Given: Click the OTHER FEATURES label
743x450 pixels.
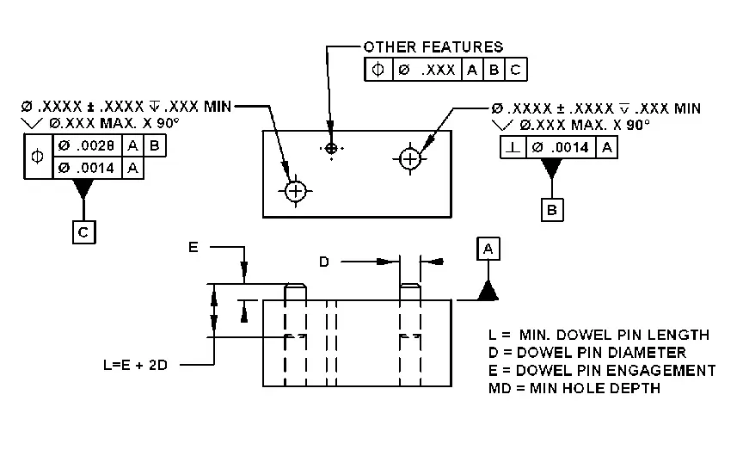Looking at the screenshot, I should click(433, 46).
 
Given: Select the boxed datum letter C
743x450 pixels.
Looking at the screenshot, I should click(83, 231).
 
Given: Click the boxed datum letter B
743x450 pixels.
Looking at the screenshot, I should click(552, 208).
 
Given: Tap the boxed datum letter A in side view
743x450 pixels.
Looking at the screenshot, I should click(488, 249).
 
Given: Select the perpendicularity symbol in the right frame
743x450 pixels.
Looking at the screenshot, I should click(513, 148).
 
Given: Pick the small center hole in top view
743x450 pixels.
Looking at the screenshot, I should click(331, 149).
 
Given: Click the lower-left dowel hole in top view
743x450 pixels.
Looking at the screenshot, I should click(296, 190).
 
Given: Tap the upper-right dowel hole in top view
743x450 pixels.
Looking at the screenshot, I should click(410, 158).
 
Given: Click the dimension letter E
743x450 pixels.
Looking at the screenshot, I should click(193, 248).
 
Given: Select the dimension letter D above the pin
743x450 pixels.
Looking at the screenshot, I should click(324, 262).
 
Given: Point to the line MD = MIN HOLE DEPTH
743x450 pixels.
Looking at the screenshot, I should click(574, 388).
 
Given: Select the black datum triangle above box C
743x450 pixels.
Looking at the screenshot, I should click(83, 188).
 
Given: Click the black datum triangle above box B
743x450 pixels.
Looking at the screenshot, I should click(552, 169).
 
